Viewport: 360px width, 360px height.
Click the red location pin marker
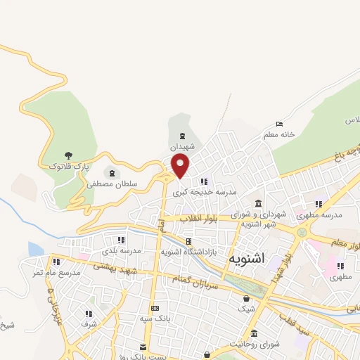181,166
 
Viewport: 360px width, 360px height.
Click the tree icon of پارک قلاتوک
68,155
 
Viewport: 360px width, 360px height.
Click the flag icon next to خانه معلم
279,124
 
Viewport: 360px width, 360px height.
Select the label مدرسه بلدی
122,250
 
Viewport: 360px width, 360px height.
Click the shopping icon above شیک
245,297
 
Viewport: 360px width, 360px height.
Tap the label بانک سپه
155,319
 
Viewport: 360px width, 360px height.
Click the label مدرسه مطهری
323,214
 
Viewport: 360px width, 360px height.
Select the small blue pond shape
36,249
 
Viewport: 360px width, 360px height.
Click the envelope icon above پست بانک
144,347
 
